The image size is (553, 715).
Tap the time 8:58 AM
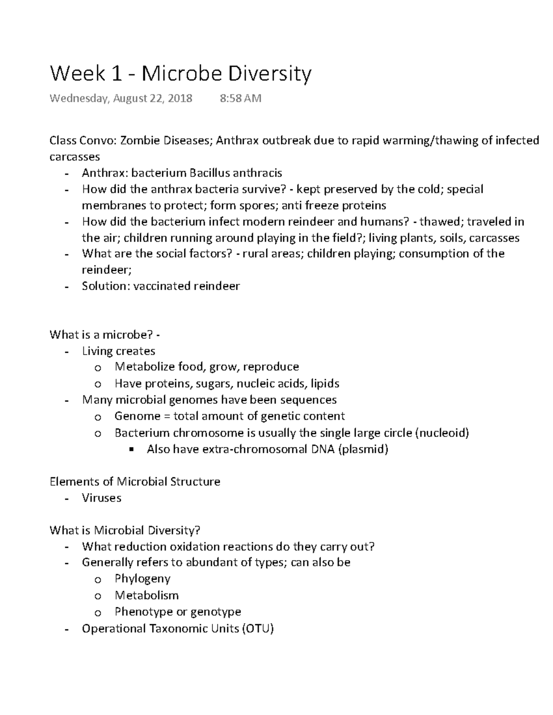[241, 98]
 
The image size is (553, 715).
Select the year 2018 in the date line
[180, 98]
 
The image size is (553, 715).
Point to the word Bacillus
[206, 173]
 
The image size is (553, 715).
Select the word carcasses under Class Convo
[75, 157]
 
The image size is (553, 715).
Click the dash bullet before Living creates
[67, 352]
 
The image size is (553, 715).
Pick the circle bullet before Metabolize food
[97, 368]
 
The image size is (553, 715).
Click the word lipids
[324, 384]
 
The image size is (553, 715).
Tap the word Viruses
[101, 498]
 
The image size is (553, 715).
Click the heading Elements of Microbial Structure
[135, 482]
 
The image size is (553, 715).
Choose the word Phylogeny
[142, 579]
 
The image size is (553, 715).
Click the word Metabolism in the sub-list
[146, 595]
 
